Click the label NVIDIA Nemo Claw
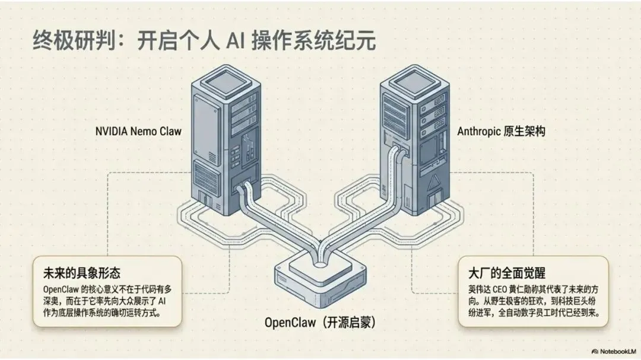(138, 132)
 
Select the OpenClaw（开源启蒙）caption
(320, 323)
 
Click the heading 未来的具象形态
(81, 273)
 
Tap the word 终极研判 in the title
(69, 42)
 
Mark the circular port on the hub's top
(321, 260)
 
